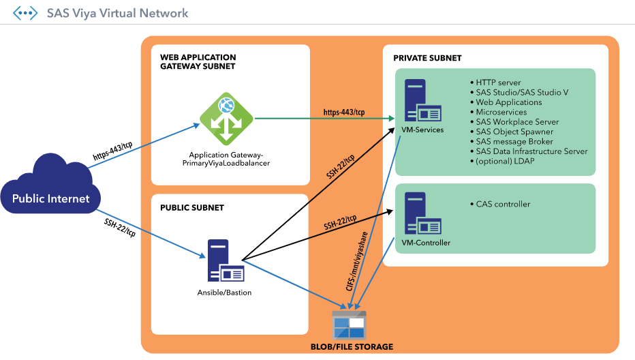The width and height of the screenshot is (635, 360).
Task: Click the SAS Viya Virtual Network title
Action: (x=117, y=13)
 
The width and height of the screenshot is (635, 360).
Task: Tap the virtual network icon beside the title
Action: (x=26, y=13)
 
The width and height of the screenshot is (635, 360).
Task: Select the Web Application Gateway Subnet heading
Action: (x=198, y=62)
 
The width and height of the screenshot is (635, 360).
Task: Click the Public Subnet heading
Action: (x=192, y=207)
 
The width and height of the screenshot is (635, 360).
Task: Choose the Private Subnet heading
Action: (x=427, y=58)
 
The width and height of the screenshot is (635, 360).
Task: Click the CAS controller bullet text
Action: (x=503, y=204)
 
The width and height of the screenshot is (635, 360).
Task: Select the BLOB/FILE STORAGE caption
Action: (x=349, y=346)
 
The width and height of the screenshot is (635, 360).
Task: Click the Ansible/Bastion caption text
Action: (x=224, y=292)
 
